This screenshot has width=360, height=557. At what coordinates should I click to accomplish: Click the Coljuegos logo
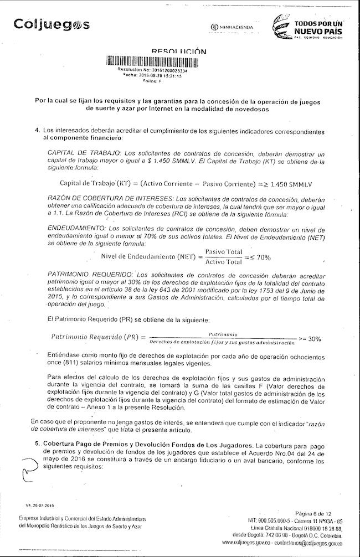52,25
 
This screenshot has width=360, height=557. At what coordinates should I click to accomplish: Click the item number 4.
37,130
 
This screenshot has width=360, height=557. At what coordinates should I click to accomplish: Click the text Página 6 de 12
321,514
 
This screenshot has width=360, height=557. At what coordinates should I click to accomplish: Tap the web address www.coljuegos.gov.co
254,543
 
